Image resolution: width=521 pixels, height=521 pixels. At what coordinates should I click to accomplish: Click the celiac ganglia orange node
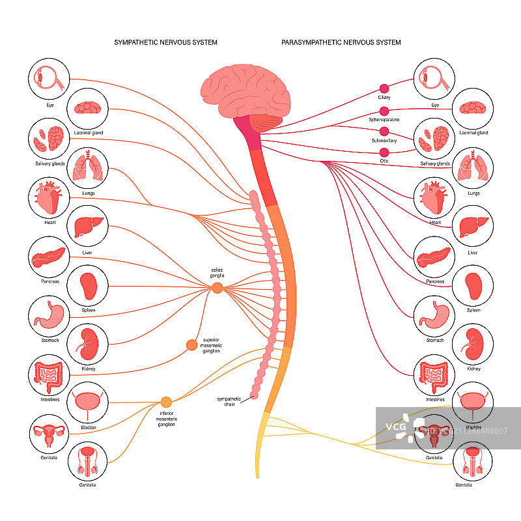(x=217, y=287)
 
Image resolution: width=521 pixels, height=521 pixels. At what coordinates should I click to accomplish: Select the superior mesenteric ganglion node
(x=191, y=345)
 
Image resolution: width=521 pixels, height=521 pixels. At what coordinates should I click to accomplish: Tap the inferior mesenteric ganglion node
(x=166, y=402)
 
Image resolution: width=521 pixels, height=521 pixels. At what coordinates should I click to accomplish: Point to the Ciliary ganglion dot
(x=384, y=87)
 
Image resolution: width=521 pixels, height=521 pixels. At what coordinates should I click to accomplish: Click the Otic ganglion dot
(x=384, y=152)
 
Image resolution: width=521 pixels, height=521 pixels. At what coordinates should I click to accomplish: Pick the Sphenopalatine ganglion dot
(x=384, y=111)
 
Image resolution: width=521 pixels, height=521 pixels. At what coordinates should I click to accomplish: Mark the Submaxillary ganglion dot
(x=384, y=131)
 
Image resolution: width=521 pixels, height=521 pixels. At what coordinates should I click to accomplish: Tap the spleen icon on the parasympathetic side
(x=473, y=285)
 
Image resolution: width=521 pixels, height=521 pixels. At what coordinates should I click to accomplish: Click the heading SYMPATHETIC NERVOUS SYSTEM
(x=166, y=42)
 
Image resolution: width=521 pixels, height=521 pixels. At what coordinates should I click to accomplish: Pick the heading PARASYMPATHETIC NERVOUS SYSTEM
(x=341, y=42)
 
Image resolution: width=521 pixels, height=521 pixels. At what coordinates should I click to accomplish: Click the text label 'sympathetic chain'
(x=229, y=401)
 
